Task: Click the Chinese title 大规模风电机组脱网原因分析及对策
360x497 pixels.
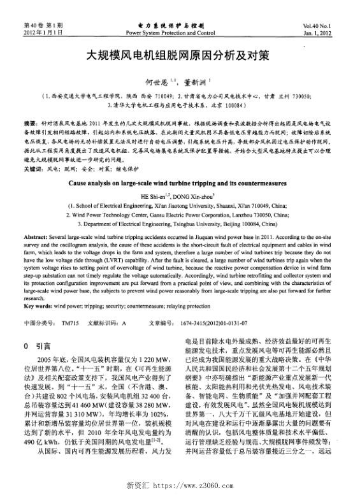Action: tap(180, 55)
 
